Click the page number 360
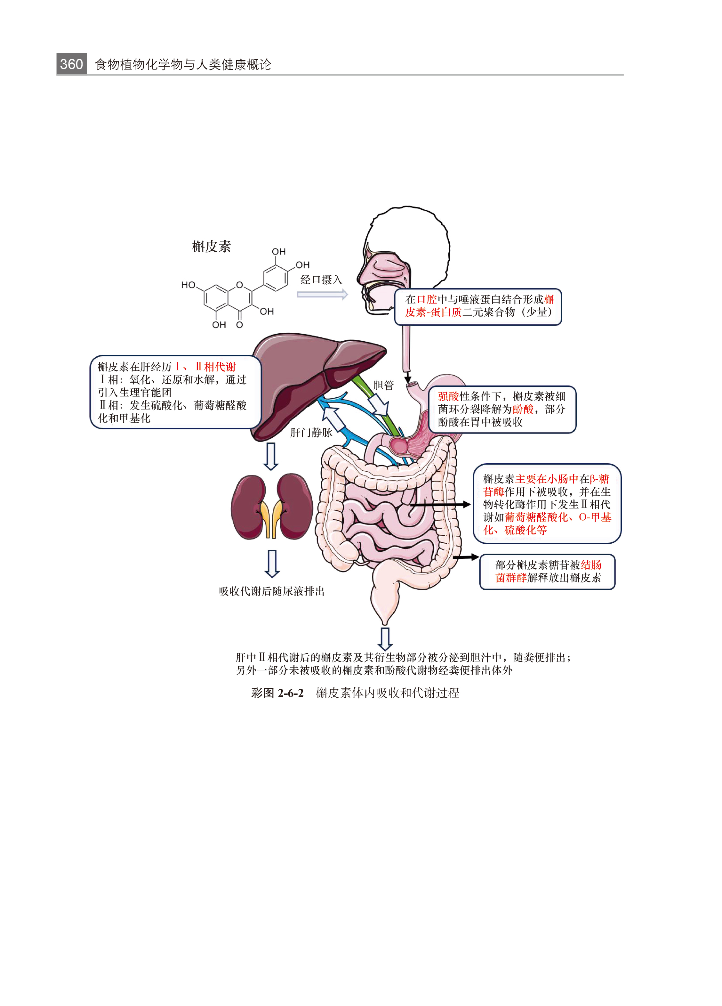(x=71, y=64)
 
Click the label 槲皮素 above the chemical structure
(x=212, y=246)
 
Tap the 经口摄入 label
(x=321, y=280)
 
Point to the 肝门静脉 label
(x=311, y=433)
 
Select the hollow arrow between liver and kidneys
(x=271, y=456)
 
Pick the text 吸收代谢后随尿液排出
(x=272, y=591)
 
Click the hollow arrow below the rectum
(x=385, y=639)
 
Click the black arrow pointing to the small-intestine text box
(x=440, y=504)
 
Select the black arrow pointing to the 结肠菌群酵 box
(x=466, y=557)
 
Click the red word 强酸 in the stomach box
(x=448, y=396)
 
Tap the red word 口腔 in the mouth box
(x=427, y=299)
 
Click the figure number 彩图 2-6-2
(x=277, y=693)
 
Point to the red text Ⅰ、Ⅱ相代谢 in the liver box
(x=205, y=366)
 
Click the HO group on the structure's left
(x=188, y=285)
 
